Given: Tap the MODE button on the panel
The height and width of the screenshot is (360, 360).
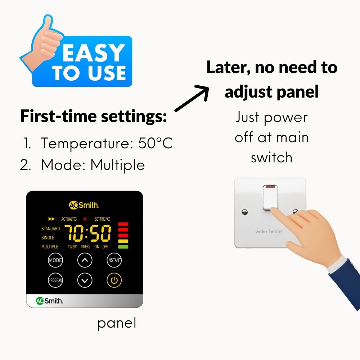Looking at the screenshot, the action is point(55,260).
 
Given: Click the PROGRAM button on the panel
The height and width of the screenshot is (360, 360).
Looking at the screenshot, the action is point(55,280).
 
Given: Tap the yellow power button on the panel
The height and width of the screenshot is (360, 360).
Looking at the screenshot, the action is point(114,280).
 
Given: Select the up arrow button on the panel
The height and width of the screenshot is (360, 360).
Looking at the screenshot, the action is point(85,260).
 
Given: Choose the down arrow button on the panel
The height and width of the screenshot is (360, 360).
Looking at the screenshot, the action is point(85,280).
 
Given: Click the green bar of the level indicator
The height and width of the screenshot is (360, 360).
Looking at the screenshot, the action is point(123,247).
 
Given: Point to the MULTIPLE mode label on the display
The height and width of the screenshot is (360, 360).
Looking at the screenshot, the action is point(50,247).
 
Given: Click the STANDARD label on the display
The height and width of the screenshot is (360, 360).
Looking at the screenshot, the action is point(50,229).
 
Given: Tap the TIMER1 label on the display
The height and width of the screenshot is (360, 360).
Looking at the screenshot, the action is point(73,247).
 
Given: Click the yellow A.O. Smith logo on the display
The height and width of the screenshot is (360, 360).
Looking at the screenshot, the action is point(84,205).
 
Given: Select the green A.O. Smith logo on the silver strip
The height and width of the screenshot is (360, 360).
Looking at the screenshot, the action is point(49,301).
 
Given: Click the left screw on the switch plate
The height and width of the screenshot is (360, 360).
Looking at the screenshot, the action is point(245,212).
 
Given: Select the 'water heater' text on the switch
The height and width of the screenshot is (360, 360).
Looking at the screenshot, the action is point(269,231).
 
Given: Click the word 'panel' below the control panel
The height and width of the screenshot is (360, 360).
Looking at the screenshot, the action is point(117,323).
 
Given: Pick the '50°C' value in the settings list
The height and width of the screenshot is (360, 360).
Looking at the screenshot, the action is point(155,143).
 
